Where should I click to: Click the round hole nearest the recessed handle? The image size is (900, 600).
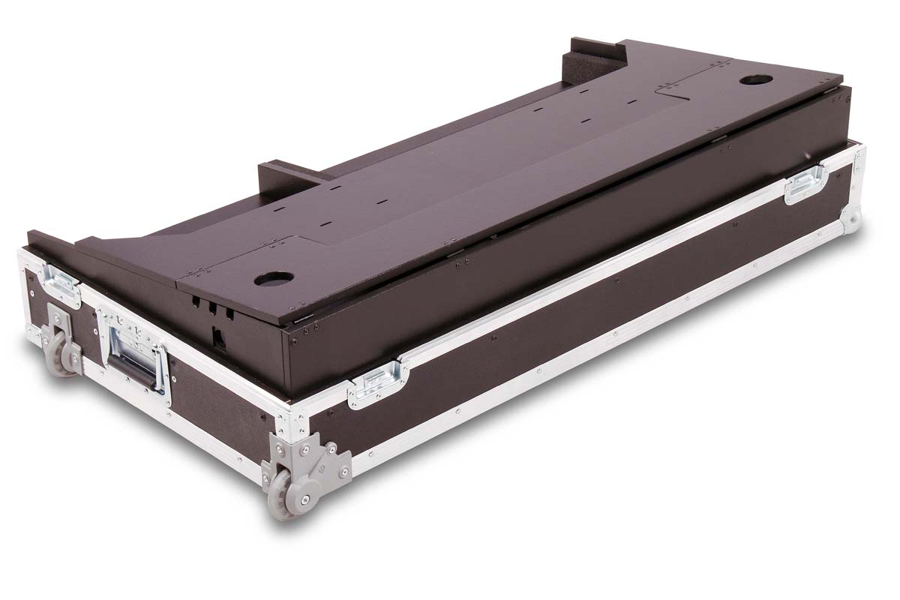[x=273, y=279]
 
